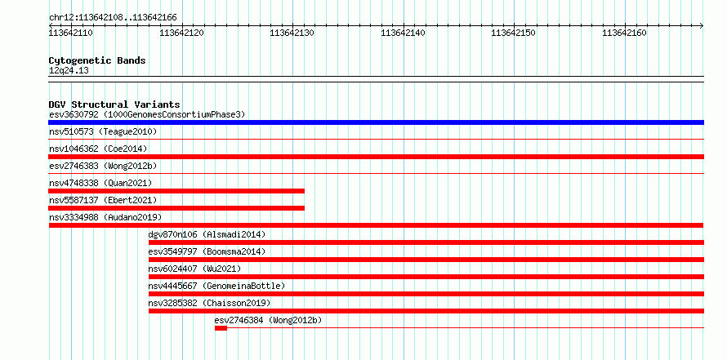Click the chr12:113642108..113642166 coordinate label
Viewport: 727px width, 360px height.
click(113, 18)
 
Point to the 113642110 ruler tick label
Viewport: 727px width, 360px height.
click(70, 33)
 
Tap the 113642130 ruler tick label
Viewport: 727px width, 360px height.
click(292, 33)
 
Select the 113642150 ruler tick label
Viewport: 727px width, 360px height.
click(513, 33)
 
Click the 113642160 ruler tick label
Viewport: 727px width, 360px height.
click(624, 33)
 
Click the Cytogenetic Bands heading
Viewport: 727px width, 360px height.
click(97, 60)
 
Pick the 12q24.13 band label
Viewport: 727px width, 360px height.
click(69, 71)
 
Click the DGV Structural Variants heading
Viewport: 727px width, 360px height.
click(114, 104)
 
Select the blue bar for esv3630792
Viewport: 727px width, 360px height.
click(376, 122)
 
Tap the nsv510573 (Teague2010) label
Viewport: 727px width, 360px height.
click(103, 131)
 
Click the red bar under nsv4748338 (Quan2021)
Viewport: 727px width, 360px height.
click(176, 191)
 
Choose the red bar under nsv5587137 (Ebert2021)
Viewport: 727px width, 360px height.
click(176, 208)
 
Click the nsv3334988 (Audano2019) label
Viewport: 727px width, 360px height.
click(105, 217)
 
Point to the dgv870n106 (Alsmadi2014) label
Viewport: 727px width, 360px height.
click(207, 234)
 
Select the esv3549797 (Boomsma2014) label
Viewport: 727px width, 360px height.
click(207, 251)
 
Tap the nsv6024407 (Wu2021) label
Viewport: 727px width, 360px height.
click(194, 269)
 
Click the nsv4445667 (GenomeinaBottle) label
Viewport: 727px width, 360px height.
click(216, 286)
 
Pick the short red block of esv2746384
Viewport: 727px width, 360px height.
click(221, 328)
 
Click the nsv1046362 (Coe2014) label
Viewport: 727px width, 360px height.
click(98, 149)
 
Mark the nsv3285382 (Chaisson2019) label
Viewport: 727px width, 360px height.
click(209, 303)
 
